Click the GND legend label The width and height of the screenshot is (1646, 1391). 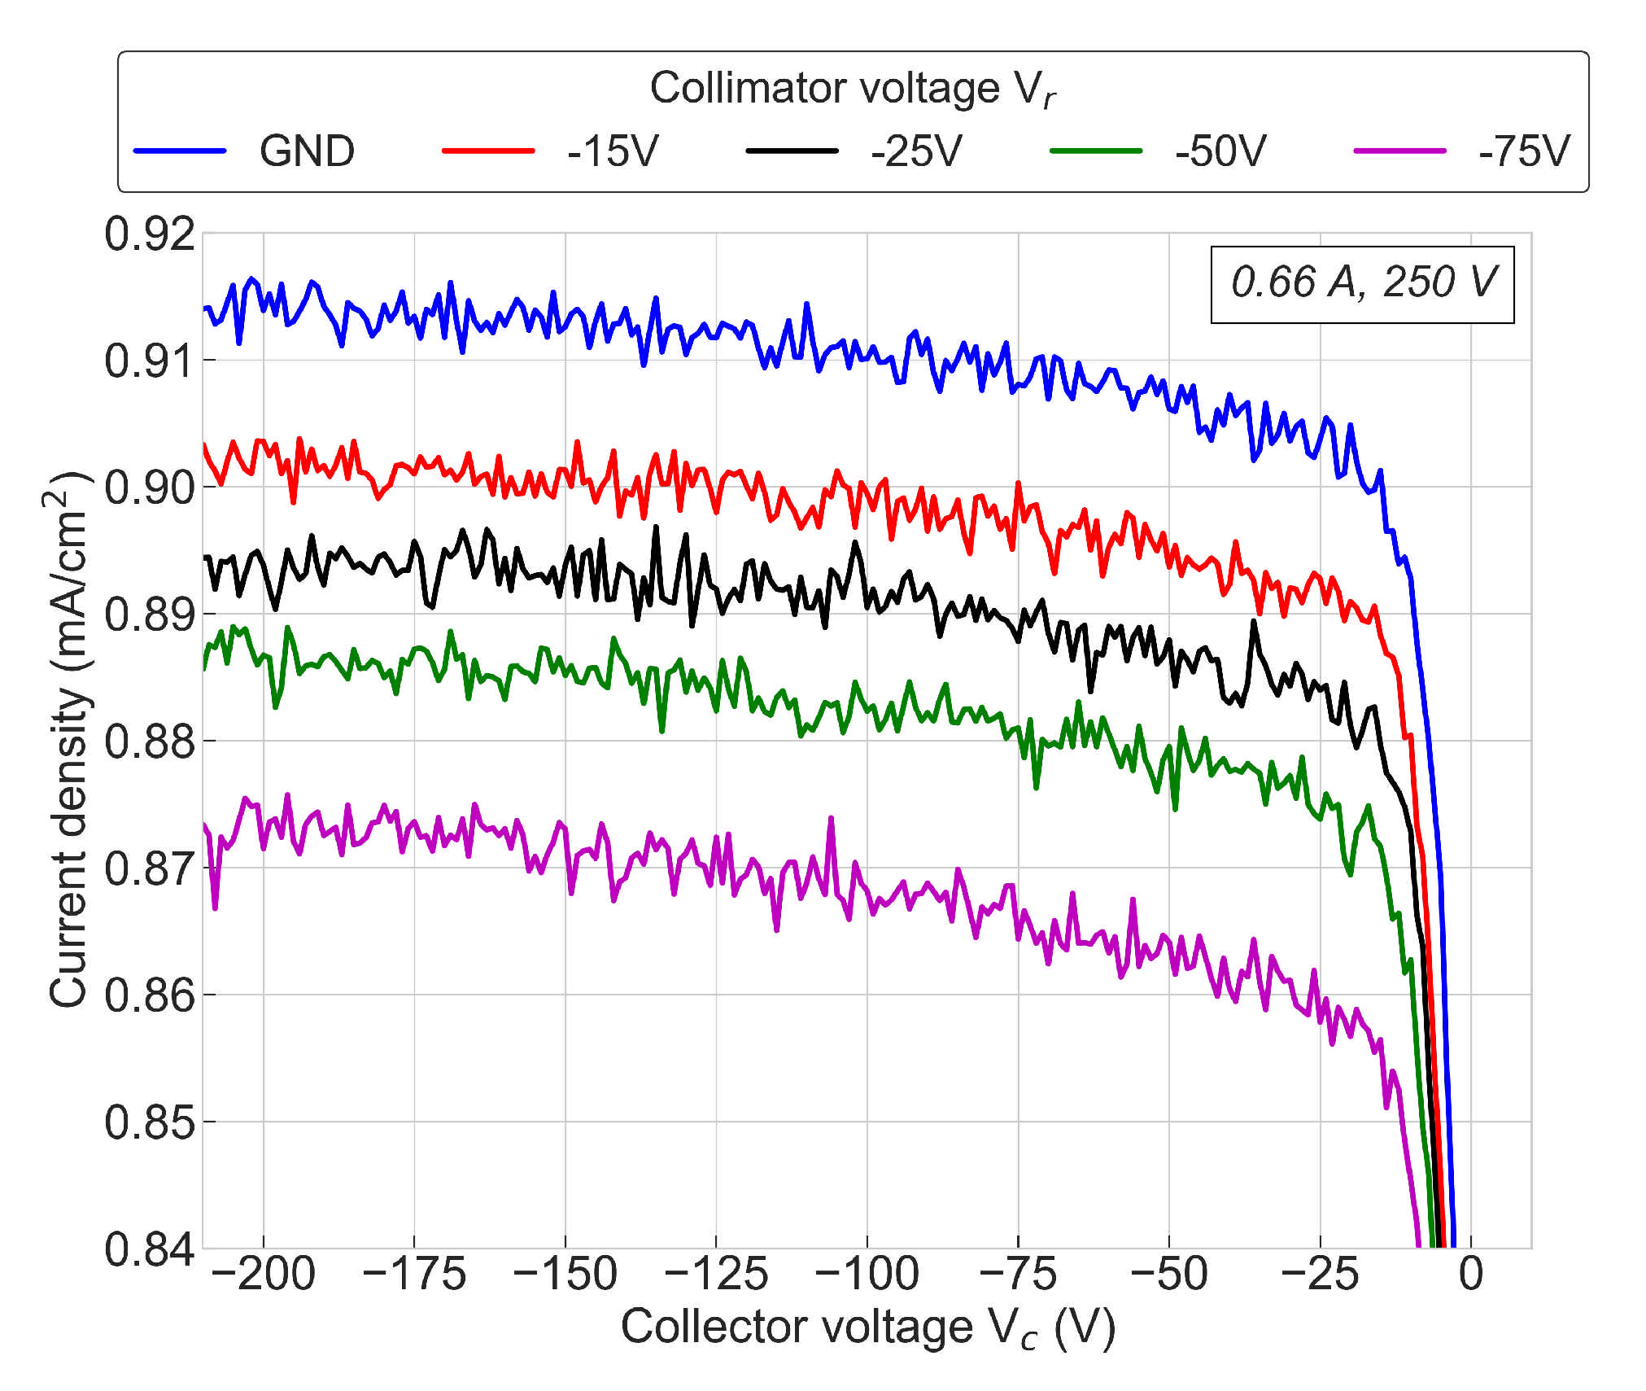pyautogui.click(x=307, y=151)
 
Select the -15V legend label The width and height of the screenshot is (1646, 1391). pyautogui.click(x=612, y=151)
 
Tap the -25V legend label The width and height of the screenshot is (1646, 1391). pyautogui.click(x=916, y=151)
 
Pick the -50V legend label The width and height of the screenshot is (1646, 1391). pyautogui.click(x=1220, y=151)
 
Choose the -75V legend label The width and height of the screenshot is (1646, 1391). pyautogui.click(x=1524, y=151)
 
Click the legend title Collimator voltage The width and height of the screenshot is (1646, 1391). pyautogui.click(x=852, y=88)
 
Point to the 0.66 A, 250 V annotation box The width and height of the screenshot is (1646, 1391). pyautogui.click(x=1362, y=283)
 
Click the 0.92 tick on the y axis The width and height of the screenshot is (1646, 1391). pyautogui.click(x=150, y=234)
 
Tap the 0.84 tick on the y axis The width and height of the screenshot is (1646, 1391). pyautogui.click(x=150, y=1249)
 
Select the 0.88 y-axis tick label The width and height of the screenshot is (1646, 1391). pyautogui.click(x=150, y=741)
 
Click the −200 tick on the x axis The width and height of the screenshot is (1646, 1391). pyautogui.click(x=263, y=1275)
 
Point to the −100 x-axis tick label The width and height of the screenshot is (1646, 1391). pyautogui.click(x=867, y=1275)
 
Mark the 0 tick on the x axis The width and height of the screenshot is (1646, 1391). pyautogui.click(x=1470, y=1275)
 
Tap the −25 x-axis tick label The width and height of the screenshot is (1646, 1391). pyautogui.click(x=1319, y=1275)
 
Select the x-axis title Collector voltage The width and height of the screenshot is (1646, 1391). pyautogui.click(x=867, y=1328)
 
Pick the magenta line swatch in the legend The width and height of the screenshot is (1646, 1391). pyautogui.click(x=1399, y=151)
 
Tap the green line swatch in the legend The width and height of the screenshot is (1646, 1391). pyautogui.click(x=1096, y=151)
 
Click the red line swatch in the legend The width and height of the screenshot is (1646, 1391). pyautogui.click(x=487, y=151)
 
